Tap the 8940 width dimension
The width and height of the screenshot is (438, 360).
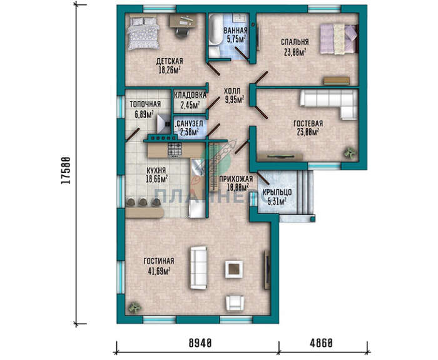200,342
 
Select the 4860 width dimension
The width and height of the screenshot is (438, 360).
321,342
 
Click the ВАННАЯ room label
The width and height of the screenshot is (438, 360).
235,30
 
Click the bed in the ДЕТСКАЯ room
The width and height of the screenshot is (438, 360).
143,33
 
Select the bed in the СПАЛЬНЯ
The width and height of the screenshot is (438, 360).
339,39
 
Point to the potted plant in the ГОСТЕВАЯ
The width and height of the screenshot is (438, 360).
350,153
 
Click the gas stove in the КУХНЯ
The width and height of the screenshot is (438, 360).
175,149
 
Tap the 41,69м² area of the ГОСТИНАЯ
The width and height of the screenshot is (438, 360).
159,271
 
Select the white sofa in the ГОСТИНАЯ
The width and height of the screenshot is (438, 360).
198,267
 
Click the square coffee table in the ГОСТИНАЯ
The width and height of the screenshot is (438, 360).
234,269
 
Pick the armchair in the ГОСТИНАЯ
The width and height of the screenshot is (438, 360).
235,304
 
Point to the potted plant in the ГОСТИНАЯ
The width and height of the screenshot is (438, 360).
135,308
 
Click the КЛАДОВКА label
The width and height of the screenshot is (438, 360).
190,95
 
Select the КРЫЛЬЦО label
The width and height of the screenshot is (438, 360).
277,192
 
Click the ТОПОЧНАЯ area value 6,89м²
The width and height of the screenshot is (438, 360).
145,114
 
